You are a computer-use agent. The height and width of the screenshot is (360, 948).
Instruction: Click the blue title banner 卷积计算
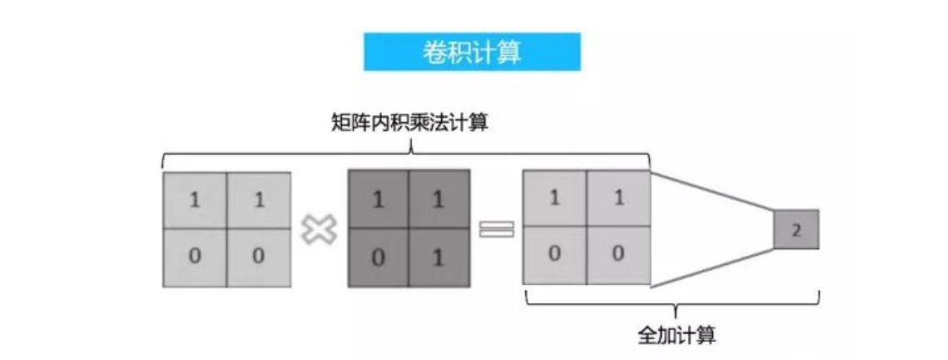coord(471,52)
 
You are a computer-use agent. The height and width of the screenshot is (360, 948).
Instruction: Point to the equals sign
coord(495,228)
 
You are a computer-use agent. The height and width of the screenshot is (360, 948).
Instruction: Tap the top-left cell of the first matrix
coord(194,201)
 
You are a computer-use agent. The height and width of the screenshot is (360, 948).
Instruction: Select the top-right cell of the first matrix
coord(258,201)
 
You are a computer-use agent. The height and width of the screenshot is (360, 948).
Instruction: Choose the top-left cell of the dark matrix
coord(378,201)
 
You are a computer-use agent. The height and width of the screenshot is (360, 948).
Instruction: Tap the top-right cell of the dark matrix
coord(439,201)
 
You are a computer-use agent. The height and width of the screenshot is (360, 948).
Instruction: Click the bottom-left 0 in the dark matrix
coord(378,257)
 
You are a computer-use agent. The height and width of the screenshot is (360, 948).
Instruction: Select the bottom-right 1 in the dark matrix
coord(439,257)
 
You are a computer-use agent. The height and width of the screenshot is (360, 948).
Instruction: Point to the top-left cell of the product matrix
coord(554,199)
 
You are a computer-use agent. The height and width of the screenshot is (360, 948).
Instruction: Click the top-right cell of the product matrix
coord(618,199)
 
